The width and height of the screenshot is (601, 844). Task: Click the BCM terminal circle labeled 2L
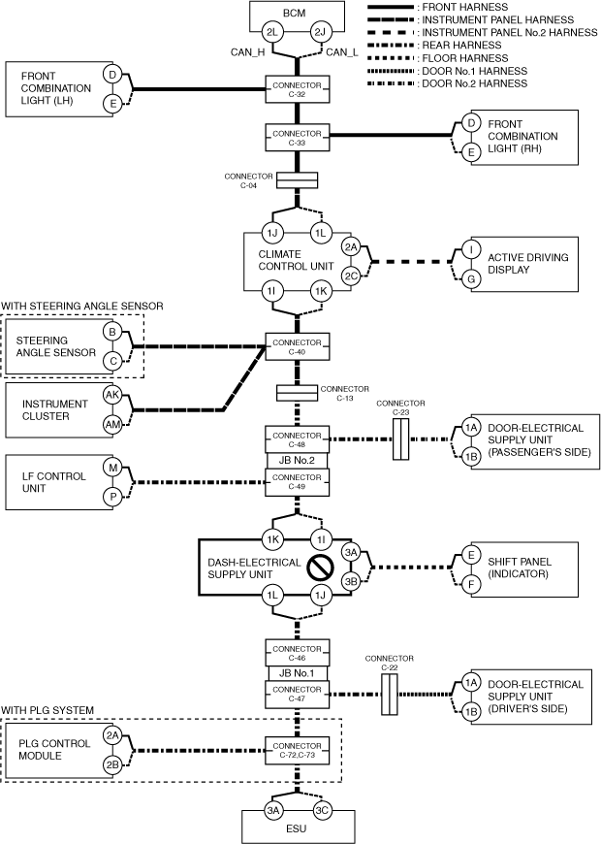coord(274,33)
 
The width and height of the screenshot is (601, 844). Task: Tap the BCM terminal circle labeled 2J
coord(323,33)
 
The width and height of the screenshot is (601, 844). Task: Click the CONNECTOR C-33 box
coord(298,137)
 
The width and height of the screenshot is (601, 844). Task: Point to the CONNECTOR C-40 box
coord(298,346)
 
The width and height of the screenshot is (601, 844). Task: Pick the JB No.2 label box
coord(298,461)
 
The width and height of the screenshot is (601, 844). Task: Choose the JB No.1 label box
coord(298,673)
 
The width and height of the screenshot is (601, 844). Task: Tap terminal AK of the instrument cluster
coord(112,396)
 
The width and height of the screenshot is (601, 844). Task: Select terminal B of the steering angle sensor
coord(112,333)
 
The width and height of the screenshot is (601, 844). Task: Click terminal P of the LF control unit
coord(112,497)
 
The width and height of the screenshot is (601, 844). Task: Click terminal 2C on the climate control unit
coord(352,276)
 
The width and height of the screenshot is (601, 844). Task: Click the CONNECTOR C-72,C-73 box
coord(298,749)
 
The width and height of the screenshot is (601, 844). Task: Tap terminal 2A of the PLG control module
coord(112,736)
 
